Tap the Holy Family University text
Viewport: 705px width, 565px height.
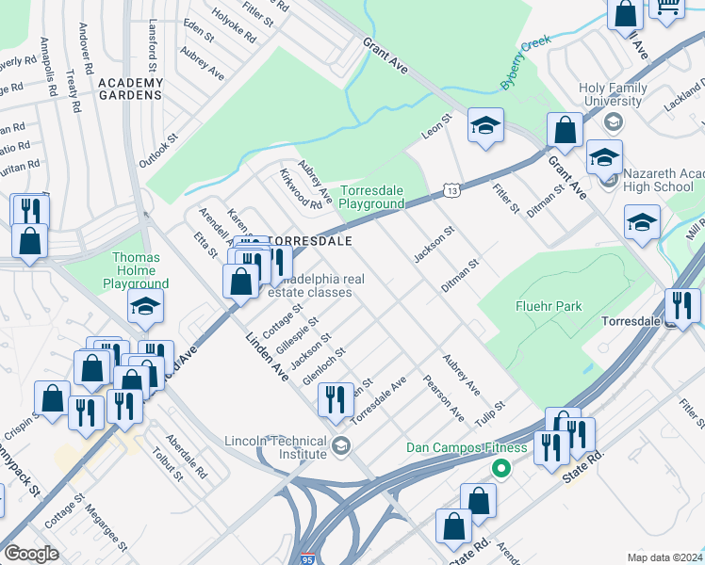point(613,95)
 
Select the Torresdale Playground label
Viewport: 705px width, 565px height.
point(371,197)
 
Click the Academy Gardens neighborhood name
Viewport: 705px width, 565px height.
point(130,89)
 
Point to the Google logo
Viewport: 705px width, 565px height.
point(32,554)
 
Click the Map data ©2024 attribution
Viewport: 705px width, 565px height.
point(664,557)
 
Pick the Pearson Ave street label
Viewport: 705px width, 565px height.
point(444,399)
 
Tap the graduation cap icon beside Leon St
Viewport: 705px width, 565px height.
point(485,126)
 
